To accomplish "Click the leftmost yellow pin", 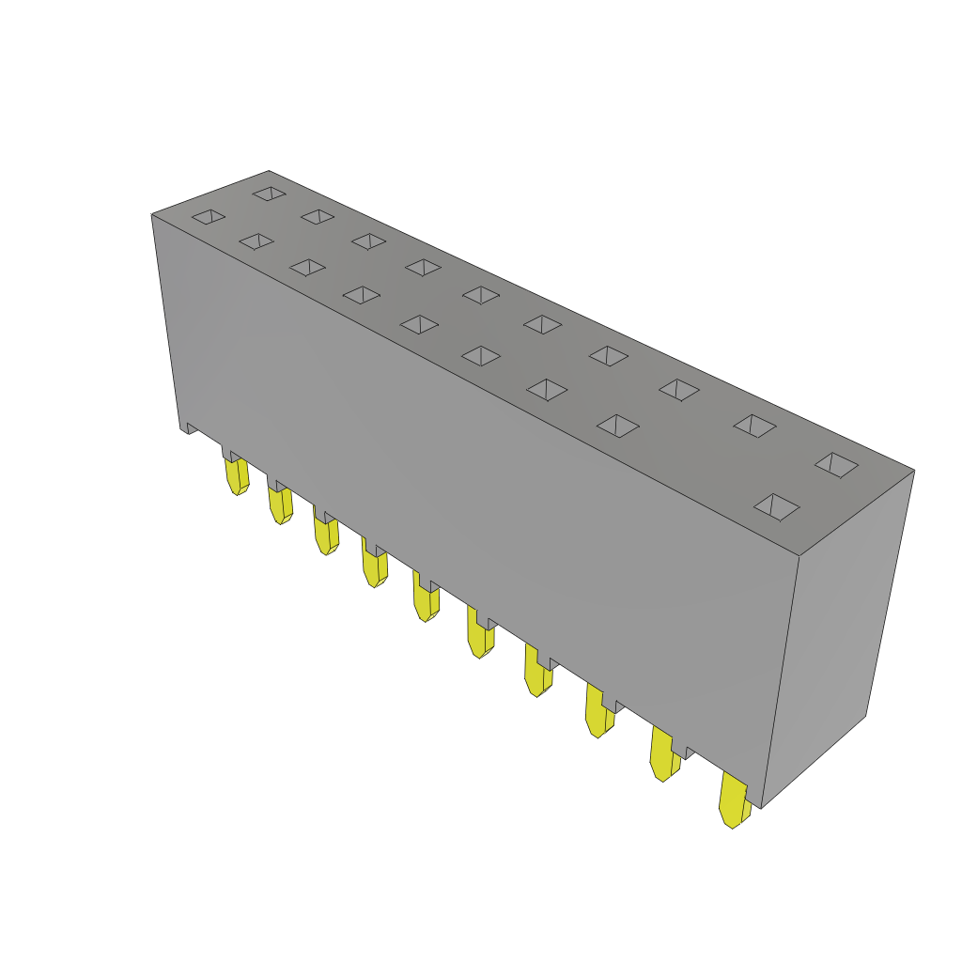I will click(x=237, y=475).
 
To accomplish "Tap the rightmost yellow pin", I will click(x=733, y=799).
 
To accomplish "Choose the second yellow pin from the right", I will click(x=663, y=755).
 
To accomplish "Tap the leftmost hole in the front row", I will click(x=209, y=217).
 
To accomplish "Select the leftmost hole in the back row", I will click(x=270, y=194).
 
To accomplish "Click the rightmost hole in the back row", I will click(x=836, y=464).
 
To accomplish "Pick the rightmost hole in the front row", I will click(x=776, y=507).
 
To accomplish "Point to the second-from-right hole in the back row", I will click(x=755, y=426).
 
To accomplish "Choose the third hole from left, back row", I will click(x=368, y=241).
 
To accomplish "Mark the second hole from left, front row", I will click(x=256, y=241).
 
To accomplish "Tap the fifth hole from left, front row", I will click(x=419, y=324).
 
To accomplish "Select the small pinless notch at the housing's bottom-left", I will click(x=189, y=428).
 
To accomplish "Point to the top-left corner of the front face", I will click(x=153, y=216).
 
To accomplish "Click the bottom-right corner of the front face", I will click(x=761, y=806).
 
